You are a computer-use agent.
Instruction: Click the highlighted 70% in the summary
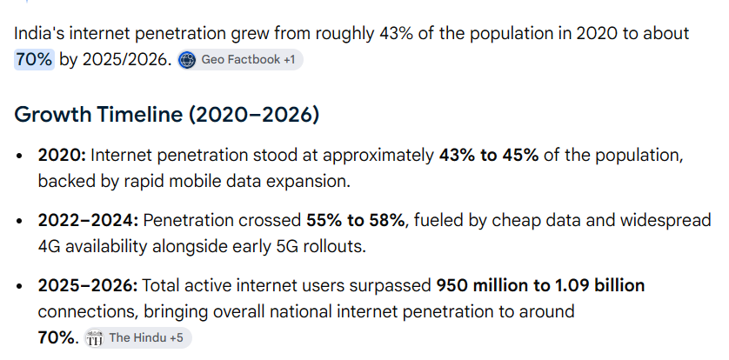coord(35,60)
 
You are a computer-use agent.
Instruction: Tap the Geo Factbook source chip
coord(240,60)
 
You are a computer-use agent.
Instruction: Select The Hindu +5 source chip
coord(137,337)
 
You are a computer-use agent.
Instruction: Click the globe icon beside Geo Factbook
coord(187,60)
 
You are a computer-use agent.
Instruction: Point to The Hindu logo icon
coord(94,338)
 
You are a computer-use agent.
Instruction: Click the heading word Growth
coord(53,114)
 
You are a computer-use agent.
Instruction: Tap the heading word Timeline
coord(139,114)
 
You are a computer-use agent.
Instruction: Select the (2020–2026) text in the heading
coord(254,114)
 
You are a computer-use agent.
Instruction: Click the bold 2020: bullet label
coord(62,156)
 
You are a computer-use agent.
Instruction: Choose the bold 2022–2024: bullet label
coord(89,220)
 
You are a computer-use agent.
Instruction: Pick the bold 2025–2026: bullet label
coord(88,286)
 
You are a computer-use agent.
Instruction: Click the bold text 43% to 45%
coord(489,156)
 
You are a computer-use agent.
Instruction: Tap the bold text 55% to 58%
coord(355,220)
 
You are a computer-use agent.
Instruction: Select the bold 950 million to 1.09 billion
coord(540,286)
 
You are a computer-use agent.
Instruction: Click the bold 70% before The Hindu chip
coord(56,337)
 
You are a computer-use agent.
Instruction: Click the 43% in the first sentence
coord(396,34)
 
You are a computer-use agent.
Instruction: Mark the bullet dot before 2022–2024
coord(19,221)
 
